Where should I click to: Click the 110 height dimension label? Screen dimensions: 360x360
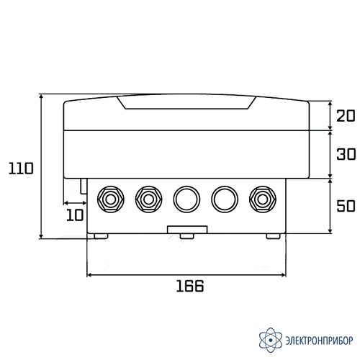click(x=21, y=168)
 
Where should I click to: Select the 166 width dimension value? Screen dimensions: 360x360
click(x=190, y=286)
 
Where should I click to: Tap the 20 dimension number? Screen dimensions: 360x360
click(x=346, y=116)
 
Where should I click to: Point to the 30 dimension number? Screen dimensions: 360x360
click(x=346, y=154)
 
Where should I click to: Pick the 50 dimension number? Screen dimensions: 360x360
click(x=346, y=206)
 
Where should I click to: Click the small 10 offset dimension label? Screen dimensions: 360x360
click(x=75, y=215)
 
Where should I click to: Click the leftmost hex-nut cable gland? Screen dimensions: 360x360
click(x=111, y=199)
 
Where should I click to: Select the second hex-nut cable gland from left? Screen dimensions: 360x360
click(x=148, y=199)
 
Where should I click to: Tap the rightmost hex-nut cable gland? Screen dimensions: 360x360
click(x=263, y=199)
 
